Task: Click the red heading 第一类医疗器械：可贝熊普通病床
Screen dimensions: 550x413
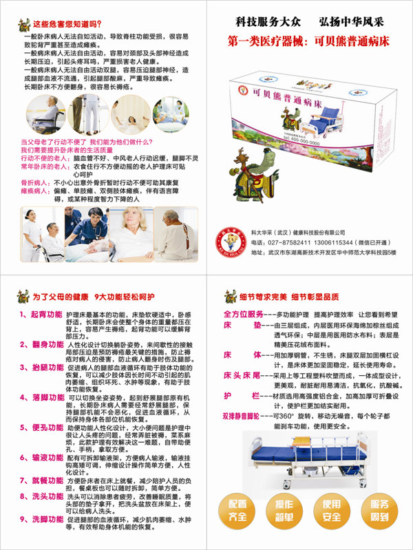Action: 308,41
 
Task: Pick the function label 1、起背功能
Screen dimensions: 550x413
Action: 41,314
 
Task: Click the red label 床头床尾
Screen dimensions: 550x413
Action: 241,376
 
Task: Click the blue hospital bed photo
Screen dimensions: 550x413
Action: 306,458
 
